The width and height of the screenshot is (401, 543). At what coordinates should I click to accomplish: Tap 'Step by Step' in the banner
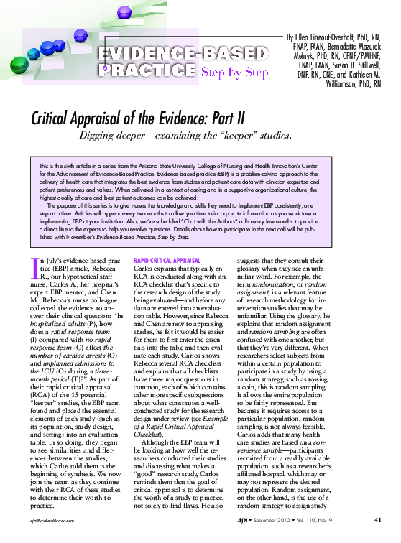point(234,72)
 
